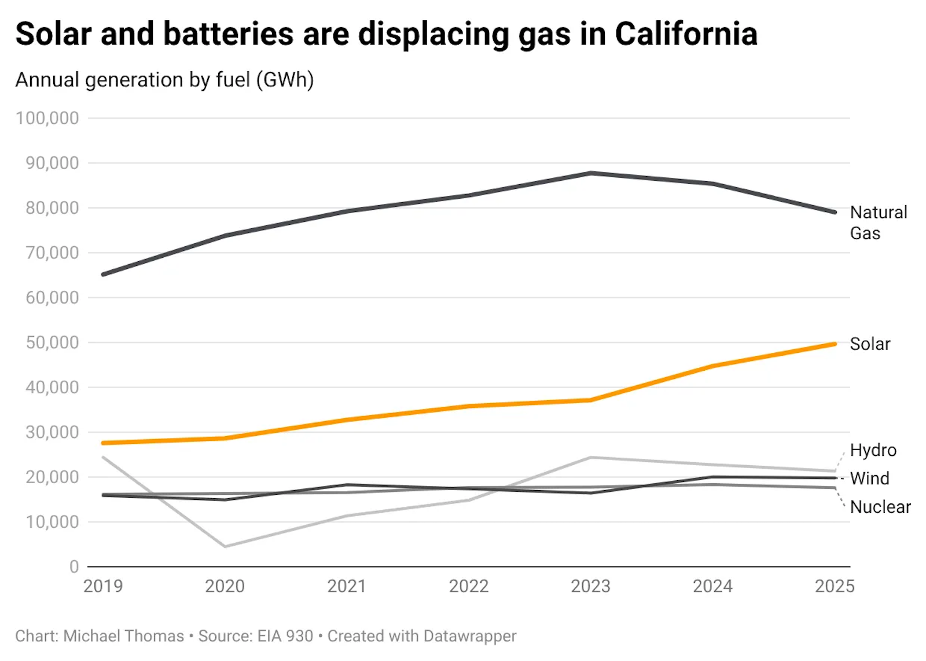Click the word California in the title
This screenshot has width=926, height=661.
[686, 34]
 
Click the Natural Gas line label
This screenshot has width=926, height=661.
[878, 222]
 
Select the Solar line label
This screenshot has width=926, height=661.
[869, 344]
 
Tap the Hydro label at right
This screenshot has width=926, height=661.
[873, 450]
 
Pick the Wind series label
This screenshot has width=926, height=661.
[869, 479]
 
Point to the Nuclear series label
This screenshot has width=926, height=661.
[880, 507]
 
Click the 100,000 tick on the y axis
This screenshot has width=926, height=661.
[47, 118]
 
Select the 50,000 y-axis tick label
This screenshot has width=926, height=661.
[52, 342]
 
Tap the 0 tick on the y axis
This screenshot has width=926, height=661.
[74, 567]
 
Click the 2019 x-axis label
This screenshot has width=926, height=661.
[103, 586]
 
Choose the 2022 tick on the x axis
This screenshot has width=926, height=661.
[469, 586]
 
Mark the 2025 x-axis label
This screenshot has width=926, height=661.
[834, 586]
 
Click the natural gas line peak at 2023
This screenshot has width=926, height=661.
[591, 173]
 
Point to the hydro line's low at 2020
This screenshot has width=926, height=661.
[225, 546]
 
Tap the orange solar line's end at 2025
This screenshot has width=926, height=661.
[835, 344]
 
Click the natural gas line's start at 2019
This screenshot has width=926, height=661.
[103, 275]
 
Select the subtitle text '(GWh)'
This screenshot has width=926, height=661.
[288, 80]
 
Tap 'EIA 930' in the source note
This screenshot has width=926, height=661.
[285, 636]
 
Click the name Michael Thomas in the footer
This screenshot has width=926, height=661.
[123, 636]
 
